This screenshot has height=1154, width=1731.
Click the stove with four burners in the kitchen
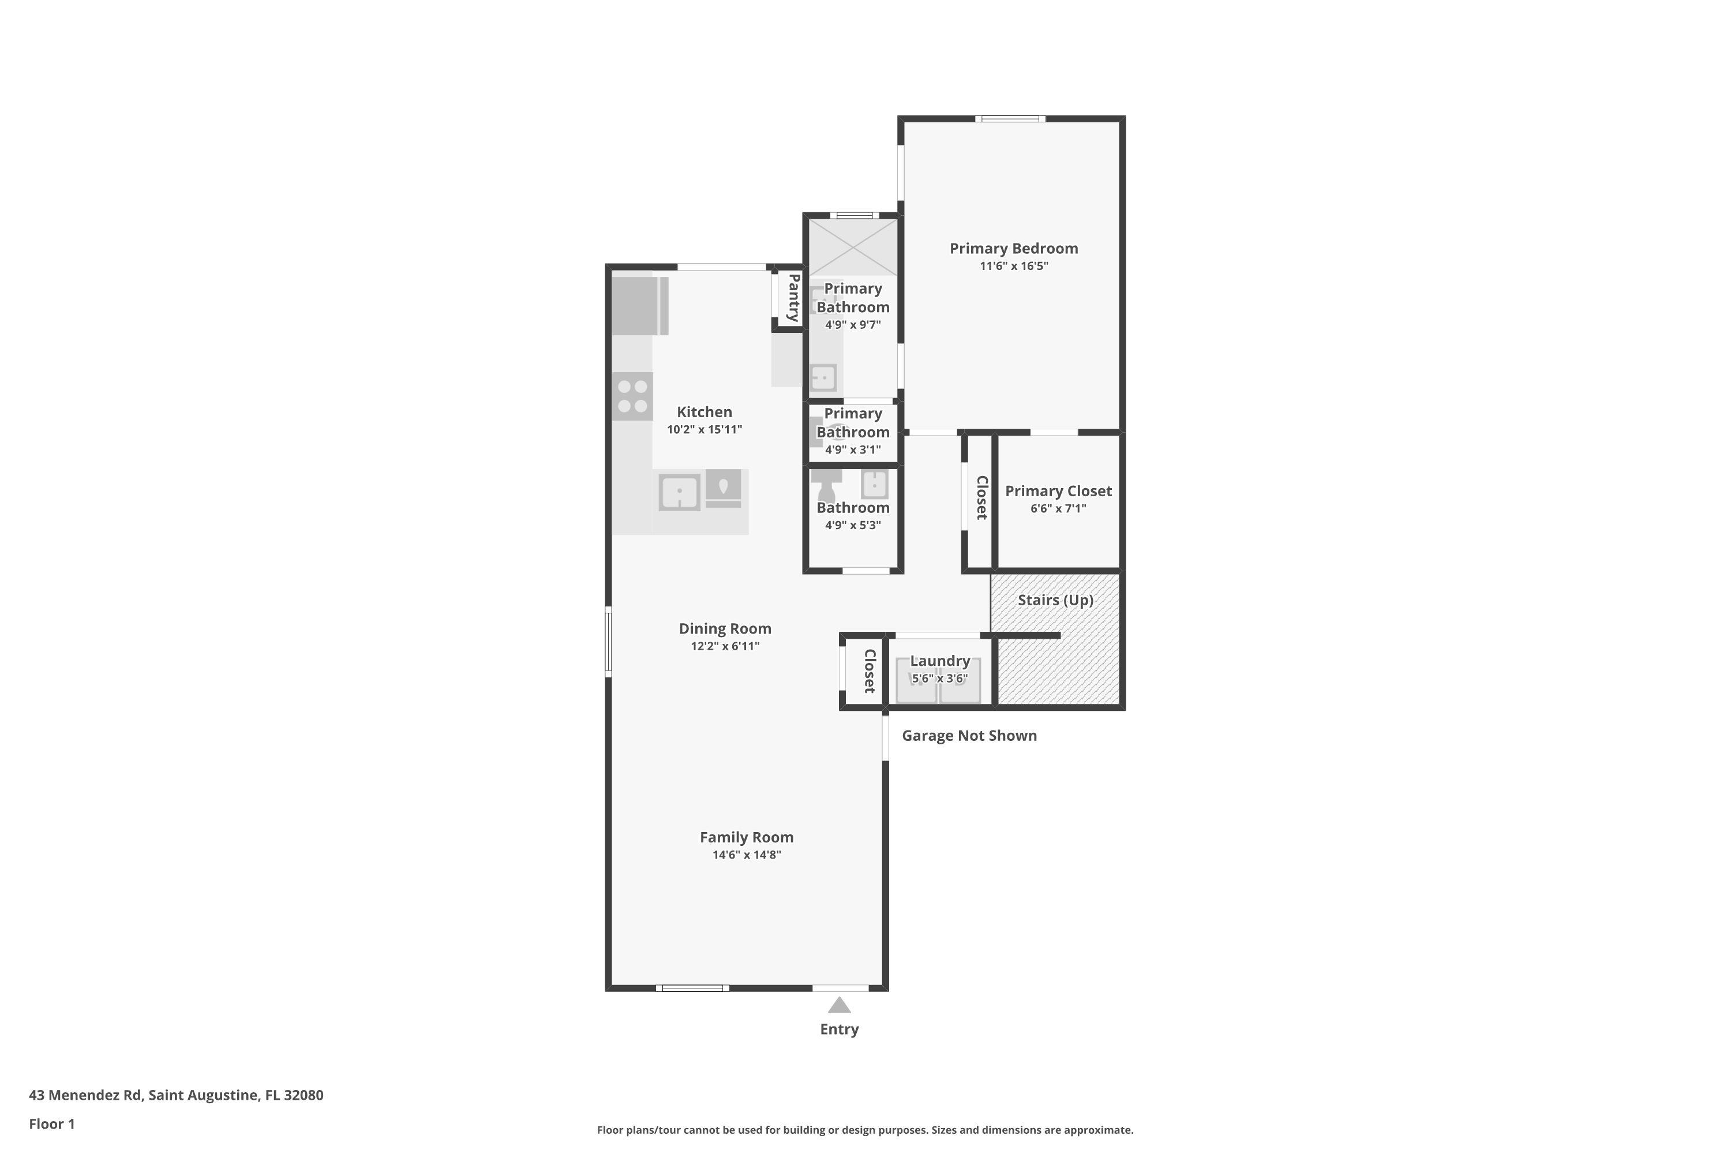tap(632, 396)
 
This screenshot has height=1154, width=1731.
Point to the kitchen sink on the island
tap(679, 492)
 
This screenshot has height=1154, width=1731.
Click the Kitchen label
tap(705, 412)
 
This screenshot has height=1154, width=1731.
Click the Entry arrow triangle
tap(839, 1005)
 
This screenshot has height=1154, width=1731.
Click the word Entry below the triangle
tap(839, 1029)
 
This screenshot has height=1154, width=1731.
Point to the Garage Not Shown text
tap(969, 736)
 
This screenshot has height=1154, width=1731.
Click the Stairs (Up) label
tap(1055, 600)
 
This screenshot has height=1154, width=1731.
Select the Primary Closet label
tap(1058, 491)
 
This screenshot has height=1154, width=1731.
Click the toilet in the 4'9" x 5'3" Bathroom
tap(826, 485)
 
